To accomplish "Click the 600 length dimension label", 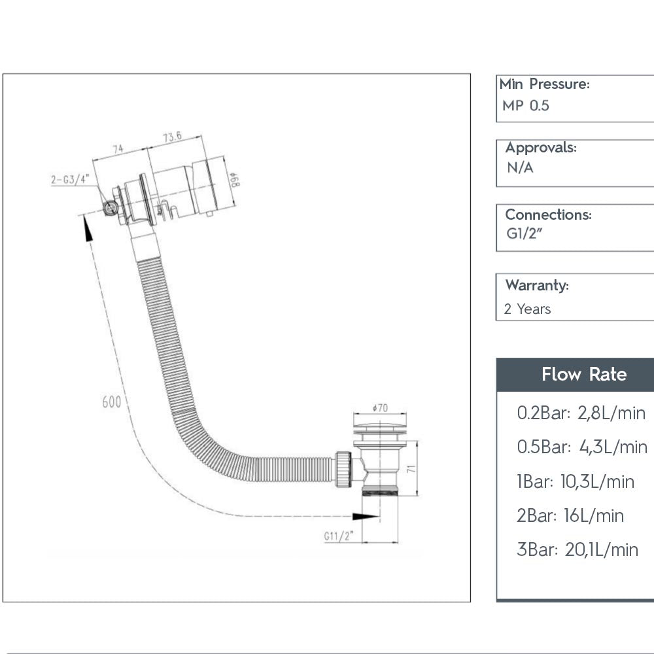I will point(111,402).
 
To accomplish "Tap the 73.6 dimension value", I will point(173,137).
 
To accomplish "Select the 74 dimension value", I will point(118,149).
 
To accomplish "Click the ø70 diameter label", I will point(379,408).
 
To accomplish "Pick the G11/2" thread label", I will point(338,536).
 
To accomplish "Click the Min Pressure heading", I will point(544,84).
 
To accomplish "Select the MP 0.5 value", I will point(526,105).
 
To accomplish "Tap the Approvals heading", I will point(540,148).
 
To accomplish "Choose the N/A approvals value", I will point(520,168).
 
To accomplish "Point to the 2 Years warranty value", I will point(527,309).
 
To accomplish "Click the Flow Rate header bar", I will point(576,375).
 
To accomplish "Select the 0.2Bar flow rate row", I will point(581,413).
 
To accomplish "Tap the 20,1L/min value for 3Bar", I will point(601,549).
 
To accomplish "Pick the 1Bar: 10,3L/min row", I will point(576,482).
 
